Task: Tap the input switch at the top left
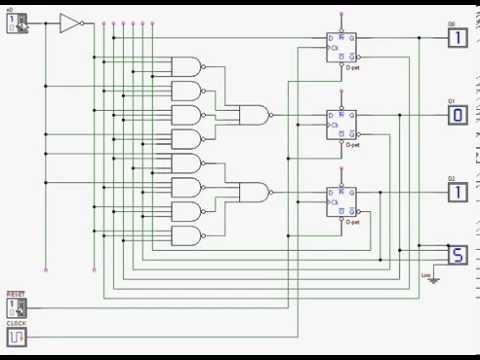tap(17, 23)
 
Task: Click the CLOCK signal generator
tap(17, 337)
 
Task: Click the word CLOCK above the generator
tap(16, 323)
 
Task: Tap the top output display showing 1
tap(456, 38)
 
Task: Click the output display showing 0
tap(456, 114)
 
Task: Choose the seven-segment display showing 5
tap(456, 255)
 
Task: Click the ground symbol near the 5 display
tap(431, 277)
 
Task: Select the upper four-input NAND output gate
tap(254, 114)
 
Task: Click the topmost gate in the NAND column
tap(187, 67)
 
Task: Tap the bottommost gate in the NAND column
tap(187, 237)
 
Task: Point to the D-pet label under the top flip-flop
tap(352, 69)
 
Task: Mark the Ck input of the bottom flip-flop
tap(334, 199)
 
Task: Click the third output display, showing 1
tap(456, 191)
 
